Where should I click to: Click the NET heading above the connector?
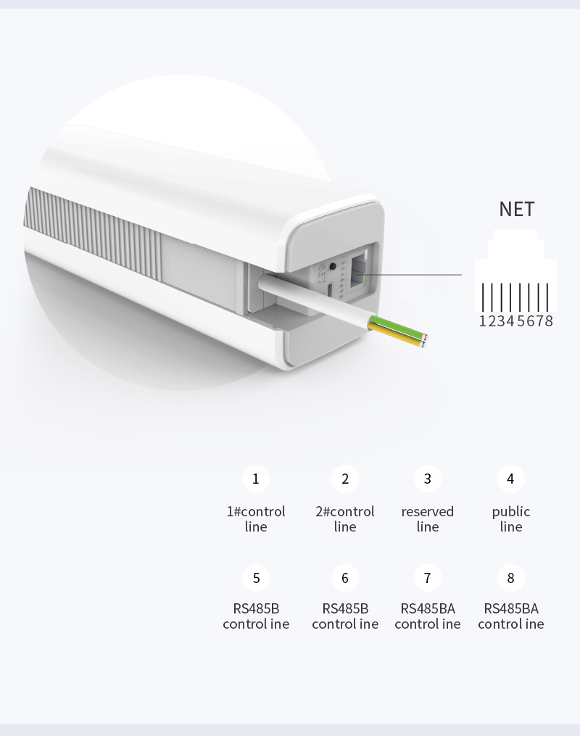pyautogui.click(x=517, y=210)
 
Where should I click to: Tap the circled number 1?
pyautogui.click(x=256, y=479)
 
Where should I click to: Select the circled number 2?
pyautogui.click(x=345, y=479)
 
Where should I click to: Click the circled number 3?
pyautogui.click(x=428, y=479)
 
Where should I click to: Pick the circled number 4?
pyautogui.click(x=510, y=479)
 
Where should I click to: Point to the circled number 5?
pyautogui.click(x=256, y=578)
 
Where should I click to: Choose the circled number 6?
pyautogui.click(x=345, y=578)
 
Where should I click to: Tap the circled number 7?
pyautogui.click(x=428, y=578)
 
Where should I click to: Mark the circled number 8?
pyautogui.click(x=510, y=578)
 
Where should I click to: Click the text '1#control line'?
pyautogui.click(x=256, y=518)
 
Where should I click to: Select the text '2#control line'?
pyautogui.click(x=345, y=518)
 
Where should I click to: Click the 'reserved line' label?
pyautogui.click(x=428, y=518)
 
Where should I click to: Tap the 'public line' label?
pyautogui.click(x=510, y=518)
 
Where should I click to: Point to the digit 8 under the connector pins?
pyautogui.click(x=549, y=321)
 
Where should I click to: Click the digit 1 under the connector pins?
pyautogui.click(x=483, y=321)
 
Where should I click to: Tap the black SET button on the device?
pyautogui.click(x=333, y=266)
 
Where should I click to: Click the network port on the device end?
pyautogui.click(x=359, y=271)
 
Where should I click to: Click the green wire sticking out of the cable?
pyautogui.click(x=398, y=328)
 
